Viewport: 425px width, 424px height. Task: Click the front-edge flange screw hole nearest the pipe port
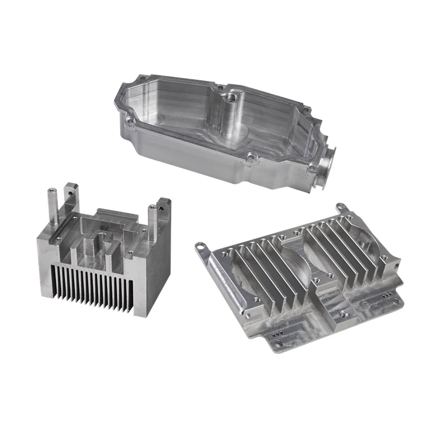(311, 168)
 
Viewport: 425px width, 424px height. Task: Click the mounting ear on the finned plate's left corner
(201, 246)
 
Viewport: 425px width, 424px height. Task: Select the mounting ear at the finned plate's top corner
(339, 208)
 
